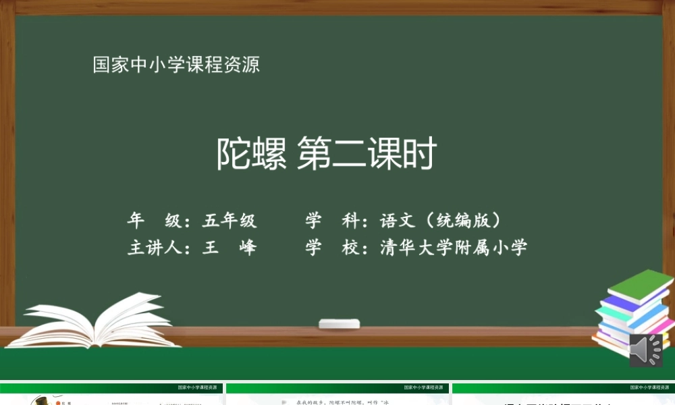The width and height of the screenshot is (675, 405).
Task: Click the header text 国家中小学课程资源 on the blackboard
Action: [x=176, y=65]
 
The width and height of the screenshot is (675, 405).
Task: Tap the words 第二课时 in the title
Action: [x=367, y=155]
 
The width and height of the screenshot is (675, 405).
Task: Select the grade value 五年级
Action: [x=230, y=221]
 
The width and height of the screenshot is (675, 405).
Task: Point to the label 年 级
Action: [x=153, y=221]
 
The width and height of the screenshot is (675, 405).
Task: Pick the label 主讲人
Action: [x=153, y=248]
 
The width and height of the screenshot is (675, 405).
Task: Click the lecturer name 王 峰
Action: [x=230, y=248]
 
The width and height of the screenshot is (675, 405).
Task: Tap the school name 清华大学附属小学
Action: [x=454, y=248]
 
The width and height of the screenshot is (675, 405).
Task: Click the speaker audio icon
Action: [x=645, y=350]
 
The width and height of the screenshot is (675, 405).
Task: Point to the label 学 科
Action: [x=331, y=221]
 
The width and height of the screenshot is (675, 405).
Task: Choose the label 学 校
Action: [x=331, y=248]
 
